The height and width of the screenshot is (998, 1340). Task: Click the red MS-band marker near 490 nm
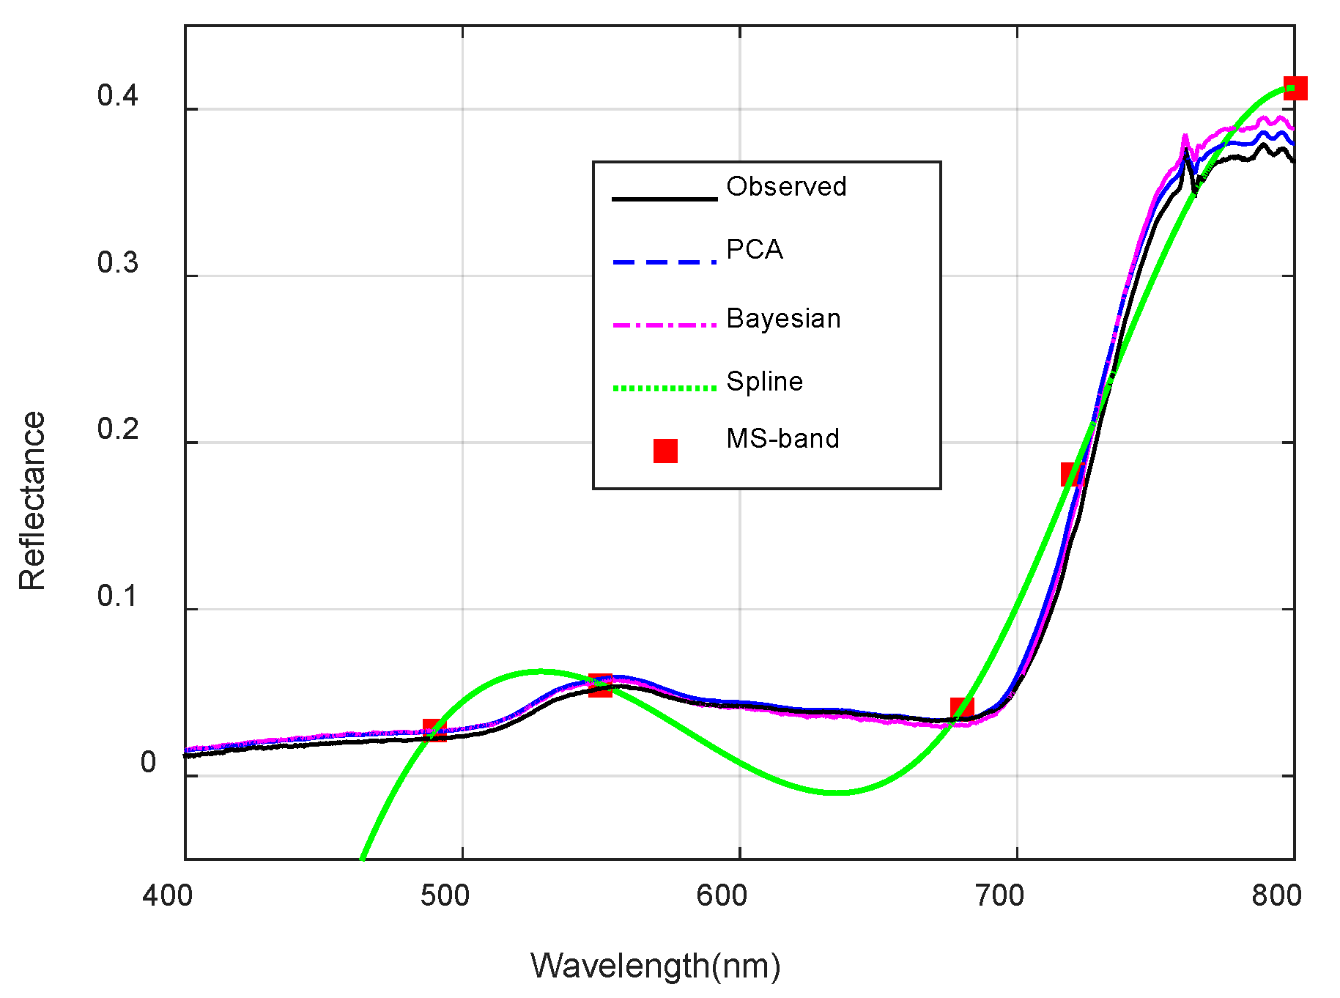pos(434,731)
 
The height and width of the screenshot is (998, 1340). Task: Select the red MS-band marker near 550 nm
pos(600,686)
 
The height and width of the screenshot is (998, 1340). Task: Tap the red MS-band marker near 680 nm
pos(962,709)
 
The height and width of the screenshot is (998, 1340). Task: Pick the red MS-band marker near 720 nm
pos(1073,474)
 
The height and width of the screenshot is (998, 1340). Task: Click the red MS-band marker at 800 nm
pos(1295,88)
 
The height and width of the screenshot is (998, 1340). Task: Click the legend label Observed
pos(786,187)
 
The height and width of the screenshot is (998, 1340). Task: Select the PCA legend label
pos(755,250)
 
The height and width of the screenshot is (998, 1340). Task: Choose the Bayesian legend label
pos(783,319)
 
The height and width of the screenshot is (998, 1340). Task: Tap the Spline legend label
pos(764,382)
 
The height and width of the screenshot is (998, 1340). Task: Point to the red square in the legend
pos(665,451)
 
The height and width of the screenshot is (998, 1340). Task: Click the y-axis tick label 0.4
pos(117,96)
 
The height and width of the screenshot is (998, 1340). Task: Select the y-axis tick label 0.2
pos(117,429)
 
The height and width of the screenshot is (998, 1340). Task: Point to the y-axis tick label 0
pos(148,763)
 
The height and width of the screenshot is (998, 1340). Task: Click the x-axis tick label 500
pos(445,895)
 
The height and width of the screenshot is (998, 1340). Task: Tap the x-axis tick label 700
pos(999,895)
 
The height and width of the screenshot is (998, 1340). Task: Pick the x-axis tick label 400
pos(168,895)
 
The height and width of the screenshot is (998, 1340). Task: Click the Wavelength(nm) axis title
pos(655,966)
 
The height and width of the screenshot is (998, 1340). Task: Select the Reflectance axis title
pos(32,500)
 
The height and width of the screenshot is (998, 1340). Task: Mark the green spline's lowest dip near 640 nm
pos(839,792)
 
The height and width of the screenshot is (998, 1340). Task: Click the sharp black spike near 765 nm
pos(1185,151)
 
